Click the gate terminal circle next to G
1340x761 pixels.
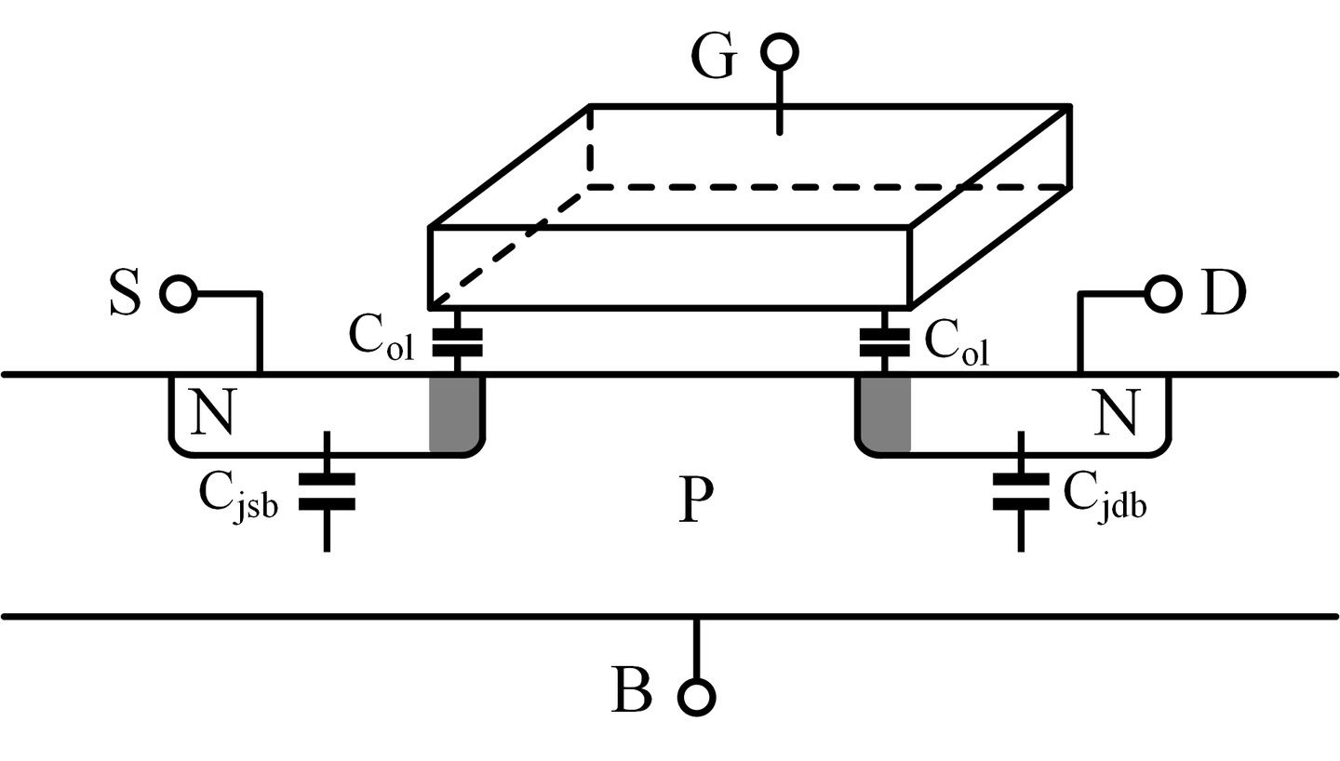779,52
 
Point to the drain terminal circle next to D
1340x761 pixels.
1162,294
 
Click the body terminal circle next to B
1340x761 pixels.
696,696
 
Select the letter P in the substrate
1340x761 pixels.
696,502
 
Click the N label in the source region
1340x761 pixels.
212,412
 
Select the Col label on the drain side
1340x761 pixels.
957,343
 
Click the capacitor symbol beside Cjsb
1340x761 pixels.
327,491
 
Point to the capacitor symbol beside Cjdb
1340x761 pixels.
1022,491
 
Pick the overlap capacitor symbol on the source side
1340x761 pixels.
457,341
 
